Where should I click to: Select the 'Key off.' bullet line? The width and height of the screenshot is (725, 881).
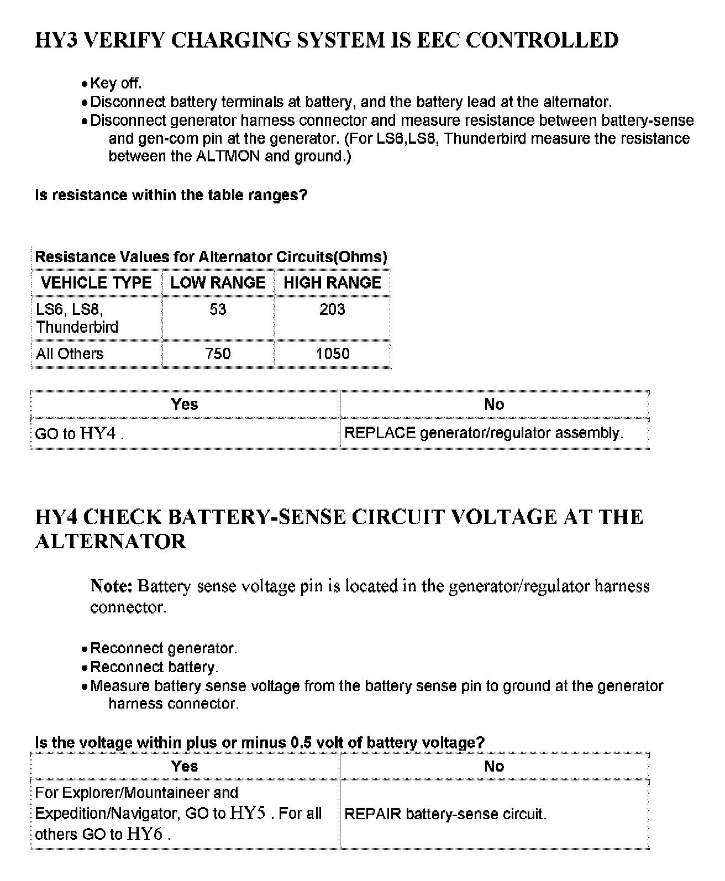[x=115, y=83]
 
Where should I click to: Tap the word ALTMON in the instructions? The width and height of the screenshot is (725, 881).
[x=228, y=156]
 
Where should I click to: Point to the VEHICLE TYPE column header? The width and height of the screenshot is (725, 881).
[x=96, y=283]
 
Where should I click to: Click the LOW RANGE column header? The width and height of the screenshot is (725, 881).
[x=218, y=283]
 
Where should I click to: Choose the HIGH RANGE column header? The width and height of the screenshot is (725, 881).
[x=332, y=283]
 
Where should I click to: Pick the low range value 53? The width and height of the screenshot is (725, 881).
[x=218, y=309]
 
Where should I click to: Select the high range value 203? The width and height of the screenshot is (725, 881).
[x=332, y=309]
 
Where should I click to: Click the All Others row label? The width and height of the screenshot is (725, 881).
[x=70, y=354]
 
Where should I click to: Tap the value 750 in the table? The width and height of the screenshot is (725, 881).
[x=218, y=354]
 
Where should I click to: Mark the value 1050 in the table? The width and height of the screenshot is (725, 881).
[x=332, y=354]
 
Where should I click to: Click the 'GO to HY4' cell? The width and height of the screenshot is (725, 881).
[x=79, y=433]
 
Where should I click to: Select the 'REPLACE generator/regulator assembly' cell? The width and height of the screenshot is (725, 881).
[x=484, y=433]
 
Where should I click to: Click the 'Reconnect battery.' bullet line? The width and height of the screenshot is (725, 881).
[x=154, y=667]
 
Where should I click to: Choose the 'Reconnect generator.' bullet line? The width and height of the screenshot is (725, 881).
[x=164, y=648]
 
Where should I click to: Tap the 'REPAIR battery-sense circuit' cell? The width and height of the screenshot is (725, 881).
[x=445, y=814]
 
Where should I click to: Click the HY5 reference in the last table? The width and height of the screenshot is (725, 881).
[x=248, y=813]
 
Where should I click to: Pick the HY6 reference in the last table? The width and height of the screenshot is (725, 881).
[x=144, y=833]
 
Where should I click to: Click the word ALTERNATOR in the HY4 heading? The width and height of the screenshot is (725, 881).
[x=111, y=541]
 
